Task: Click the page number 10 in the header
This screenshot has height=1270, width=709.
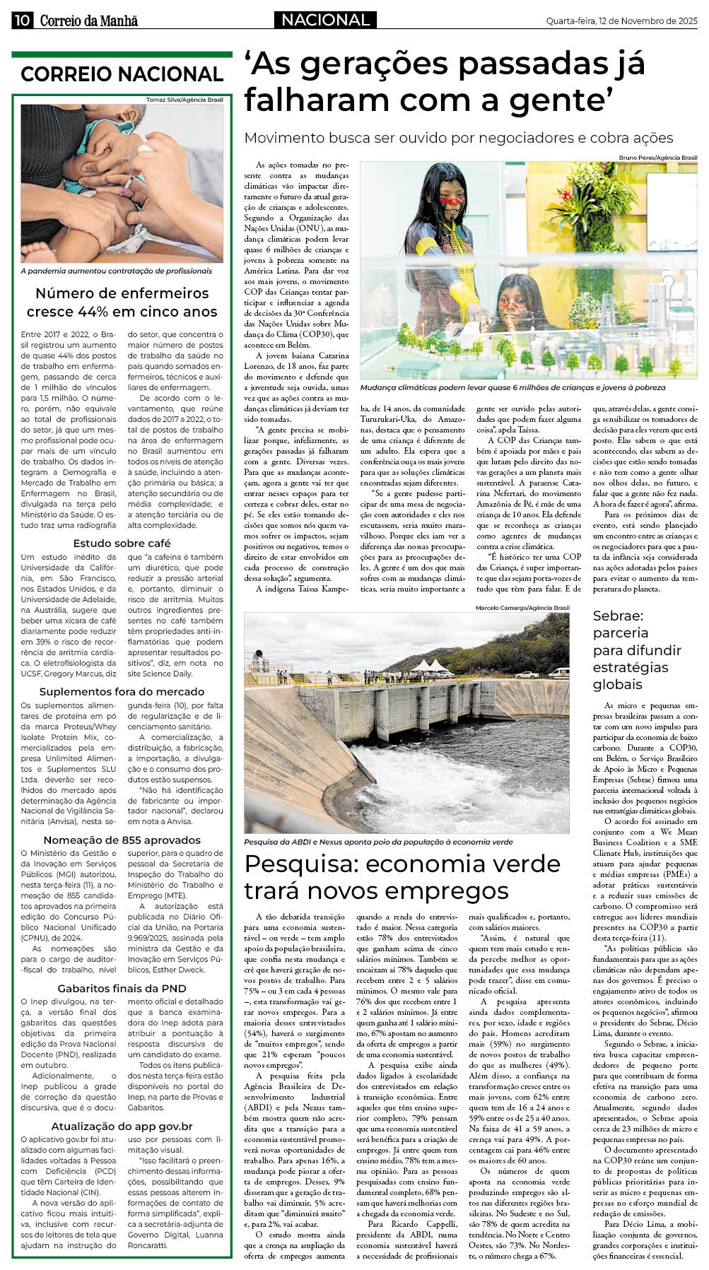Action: tap(21, 20)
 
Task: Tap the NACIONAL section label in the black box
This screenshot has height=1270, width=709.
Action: tap(325, 20)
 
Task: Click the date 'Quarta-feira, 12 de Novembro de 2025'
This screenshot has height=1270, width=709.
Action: tap(621, 21)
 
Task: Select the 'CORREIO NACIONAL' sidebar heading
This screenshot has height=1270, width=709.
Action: tap(122, 74)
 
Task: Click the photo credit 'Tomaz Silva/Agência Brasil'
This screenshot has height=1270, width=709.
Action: tap(184, 100)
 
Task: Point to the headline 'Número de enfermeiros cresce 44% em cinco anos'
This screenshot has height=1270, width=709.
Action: tap(122, 302)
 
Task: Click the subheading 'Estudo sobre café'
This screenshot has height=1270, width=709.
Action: tap(122, 543)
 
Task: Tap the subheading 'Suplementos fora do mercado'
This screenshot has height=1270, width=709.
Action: tap(122, 691)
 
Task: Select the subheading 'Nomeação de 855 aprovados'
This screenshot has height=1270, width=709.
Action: tap(122, 840)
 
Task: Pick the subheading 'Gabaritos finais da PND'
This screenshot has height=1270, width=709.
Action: tap(122, 988)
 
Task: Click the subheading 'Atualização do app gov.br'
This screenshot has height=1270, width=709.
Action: tap(122, 1126)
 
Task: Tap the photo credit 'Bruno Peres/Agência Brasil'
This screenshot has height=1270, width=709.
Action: tap(657, 158)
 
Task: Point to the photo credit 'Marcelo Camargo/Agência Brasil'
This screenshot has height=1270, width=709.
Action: tap(522, 608)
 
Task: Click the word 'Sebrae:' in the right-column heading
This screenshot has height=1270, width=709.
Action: tap(618, 616)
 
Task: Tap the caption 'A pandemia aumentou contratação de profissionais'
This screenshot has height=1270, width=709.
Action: tap(117, 271)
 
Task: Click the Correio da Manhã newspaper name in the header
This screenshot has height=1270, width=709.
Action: tap(88, 20)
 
